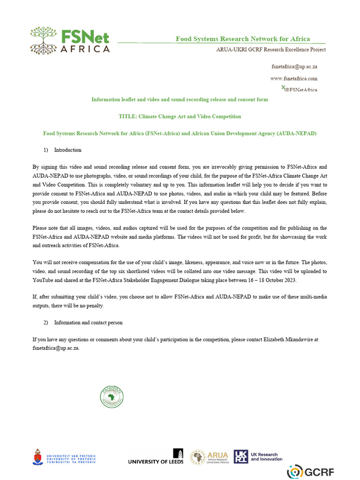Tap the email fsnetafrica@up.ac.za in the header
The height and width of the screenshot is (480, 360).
click(x=294, y=67)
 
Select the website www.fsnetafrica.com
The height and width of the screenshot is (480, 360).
click(x=294, y=78)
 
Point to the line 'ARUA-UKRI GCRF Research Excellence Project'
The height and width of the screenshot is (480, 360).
click(x=270, y=49)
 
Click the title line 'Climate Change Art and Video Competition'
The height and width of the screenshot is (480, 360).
click(x=180, y=116)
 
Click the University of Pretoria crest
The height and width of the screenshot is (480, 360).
click(x=37, y=457)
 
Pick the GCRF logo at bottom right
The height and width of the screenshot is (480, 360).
click(x=310, y=471)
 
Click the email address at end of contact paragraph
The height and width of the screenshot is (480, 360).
click(x=56, y=348)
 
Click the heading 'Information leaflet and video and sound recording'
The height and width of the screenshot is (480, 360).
click(x=180, y=99)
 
